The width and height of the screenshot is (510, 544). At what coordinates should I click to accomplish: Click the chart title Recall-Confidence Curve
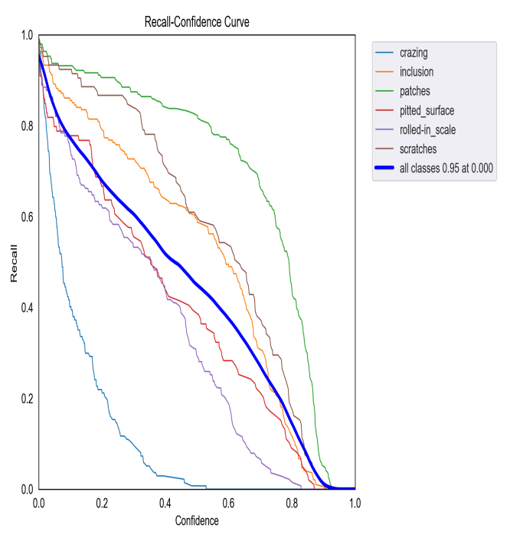pyautogui.click(x=197, y=23)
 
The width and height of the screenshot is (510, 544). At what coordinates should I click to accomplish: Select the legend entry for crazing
pyautogui.click(x=414, y=53)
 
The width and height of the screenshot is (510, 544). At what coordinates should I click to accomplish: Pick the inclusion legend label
pyautogui.click(x=417, y=72)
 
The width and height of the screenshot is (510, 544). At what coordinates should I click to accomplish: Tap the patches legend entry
pyautogui.click(x=415, y=91)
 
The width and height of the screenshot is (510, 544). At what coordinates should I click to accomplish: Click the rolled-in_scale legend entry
pyautogui.click(x=427, y=129)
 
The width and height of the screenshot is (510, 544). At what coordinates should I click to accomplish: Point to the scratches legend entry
pyautogui.click(x=418, y=148)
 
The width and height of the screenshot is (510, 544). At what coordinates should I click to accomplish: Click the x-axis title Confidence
pyautogui.click(x=197, y=521)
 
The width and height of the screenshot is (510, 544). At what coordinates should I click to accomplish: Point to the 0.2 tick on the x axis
pyautogui.click(x=102, y=503)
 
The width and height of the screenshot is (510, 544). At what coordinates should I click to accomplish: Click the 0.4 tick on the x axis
pyautogui.click(x=165, y=503)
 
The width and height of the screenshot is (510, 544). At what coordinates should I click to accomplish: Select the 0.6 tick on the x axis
pyautogui.click(x=228, y=503)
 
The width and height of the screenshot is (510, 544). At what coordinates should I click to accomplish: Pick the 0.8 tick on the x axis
pyautogui.click(x=292, y=503)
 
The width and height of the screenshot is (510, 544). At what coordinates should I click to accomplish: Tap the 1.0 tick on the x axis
pyautogui.click(x=355, y=503)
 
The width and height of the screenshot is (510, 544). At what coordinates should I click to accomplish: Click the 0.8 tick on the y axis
pyautogui.click(x=27, y=126)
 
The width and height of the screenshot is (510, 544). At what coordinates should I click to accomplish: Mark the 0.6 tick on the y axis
pyautogui.click(x=27, y=217)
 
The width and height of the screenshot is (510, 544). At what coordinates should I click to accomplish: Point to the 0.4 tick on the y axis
pyautogui.click(x=27, y=308)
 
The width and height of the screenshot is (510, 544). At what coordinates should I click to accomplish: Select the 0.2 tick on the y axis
pyautogui.click(x=27, y=399)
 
